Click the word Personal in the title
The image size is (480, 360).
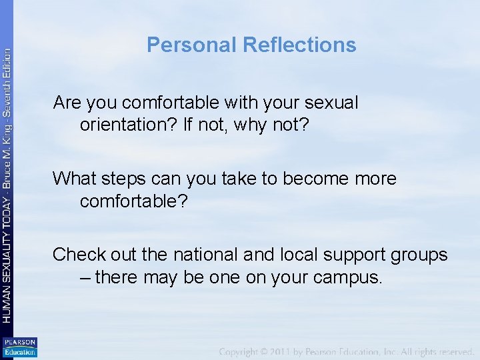click(192, 45)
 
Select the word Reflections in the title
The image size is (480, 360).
click(299, 45)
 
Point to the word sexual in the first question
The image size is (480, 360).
click(331, 103)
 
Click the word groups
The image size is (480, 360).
click(419, 255)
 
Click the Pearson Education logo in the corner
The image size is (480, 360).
click(19, 347)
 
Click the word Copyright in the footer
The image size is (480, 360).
click(247, 351)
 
